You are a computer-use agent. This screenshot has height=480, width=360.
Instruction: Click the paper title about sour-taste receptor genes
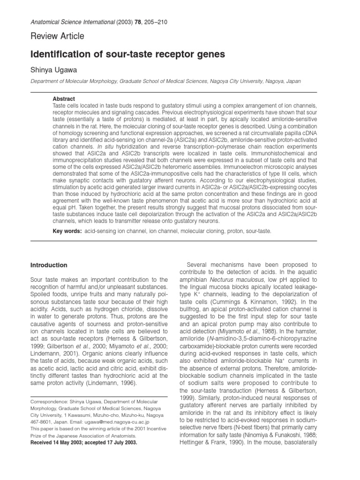(128, 54)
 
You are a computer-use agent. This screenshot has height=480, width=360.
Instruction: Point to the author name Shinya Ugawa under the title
(55, 70)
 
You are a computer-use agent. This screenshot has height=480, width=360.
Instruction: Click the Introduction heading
(48, 265)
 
